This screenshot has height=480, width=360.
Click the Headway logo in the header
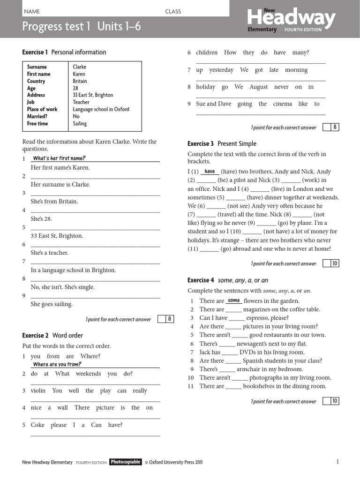[x=291, y=19]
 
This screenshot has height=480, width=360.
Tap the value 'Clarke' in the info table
[x=80, y=67]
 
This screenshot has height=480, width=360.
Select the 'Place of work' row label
[x=42, y=109]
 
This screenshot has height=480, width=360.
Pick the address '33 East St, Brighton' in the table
[x=93, y=95]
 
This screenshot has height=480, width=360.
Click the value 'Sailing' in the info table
[x=80, y=124]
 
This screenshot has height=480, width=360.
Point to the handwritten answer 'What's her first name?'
[x=59, y=158]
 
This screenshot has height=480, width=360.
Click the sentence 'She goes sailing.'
[x=52, y=304]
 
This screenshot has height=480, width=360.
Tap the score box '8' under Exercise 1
[x=170, y=319]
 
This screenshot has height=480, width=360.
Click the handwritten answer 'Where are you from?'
[x=57, y=364]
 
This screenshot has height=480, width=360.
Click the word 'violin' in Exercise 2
[x=38, y=390]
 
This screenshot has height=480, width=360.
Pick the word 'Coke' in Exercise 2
[x=37, y=425]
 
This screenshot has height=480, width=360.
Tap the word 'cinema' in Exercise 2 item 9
[x=282, y=104]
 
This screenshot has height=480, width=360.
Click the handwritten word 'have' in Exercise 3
[x=210, y=172]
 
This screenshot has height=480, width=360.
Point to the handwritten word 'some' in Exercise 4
[x=233, y=300]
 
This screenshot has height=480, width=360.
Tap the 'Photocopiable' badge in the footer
[x=125, y=462]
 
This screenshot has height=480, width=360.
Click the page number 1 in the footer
[x=337, y=462]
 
